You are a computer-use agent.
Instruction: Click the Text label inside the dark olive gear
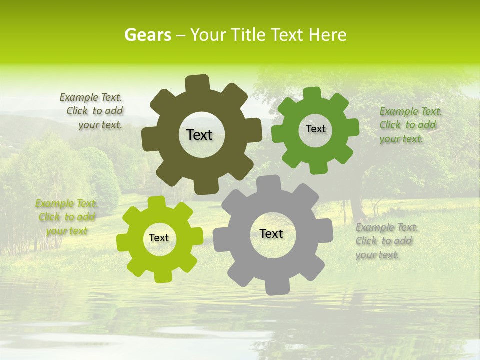199,135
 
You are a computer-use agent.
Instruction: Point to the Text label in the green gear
315,129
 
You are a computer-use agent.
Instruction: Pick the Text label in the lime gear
159,238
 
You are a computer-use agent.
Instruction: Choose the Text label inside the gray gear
271,233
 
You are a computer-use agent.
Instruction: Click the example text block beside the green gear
410,125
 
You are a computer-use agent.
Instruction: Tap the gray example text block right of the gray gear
386,241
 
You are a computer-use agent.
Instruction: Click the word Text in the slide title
289,35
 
